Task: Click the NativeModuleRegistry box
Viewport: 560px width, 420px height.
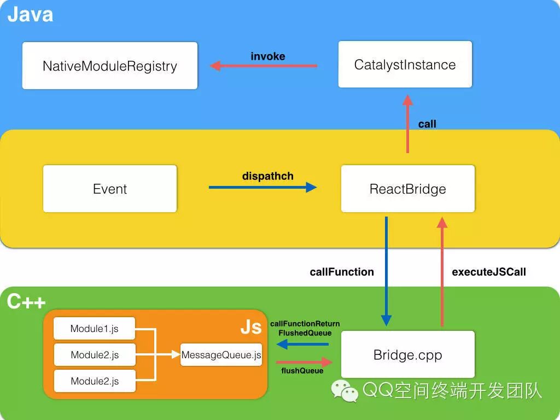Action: click(109, 66)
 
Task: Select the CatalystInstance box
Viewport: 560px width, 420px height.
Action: click(405, 65)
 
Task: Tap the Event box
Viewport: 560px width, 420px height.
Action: click(110, 189)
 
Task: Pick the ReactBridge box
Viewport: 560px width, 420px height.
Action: click(407, 189)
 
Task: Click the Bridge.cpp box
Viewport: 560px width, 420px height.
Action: click(407, 355)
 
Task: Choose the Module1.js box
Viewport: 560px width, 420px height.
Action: click(94, 329)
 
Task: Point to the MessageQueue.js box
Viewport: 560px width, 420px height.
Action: click(221, 355)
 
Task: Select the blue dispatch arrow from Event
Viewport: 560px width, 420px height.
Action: click(262, 188)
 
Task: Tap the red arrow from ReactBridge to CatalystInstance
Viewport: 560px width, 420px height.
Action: click(407, 124)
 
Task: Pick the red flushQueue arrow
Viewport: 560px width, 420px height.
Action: click(304, 362)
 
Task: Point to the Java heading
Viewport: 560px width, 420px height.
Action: click(30, 14)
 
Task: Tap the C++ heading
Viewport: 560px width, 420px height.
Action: click(26, 301)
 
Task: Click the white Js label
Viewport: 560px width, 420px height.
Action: click(251, 328)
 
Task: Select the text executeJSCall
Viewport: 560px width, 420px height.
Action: click(489, 272)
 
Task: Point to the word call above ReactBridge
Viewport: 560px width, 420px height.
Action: click(427, 124)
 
